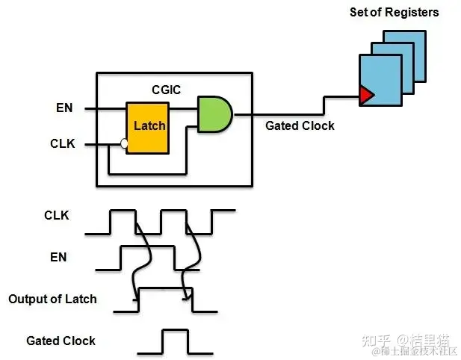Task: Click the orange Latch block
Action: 148,128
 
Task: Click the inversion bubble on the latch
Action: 124,143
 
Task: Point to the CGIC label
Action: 167,90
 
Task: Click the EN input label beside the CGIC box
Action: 64,108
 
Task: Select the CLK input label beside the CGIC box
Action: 63,143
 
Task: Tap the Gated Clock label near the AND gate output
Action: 300,125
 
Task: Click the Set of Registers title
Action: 395,13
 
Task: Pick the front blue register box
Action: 380,80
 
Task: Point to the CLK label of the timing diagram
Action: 57,215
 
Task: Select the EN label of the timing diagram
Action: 58,257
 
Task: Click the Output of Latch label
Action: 52,299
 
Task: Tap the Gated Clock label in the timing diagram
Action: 61,341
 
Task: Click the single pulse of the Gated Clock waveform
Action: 176,330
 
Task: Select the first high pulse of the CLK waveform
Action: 123,211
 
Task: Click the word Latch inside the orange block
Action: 149,125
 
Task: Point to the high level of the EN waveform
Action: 148,246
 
